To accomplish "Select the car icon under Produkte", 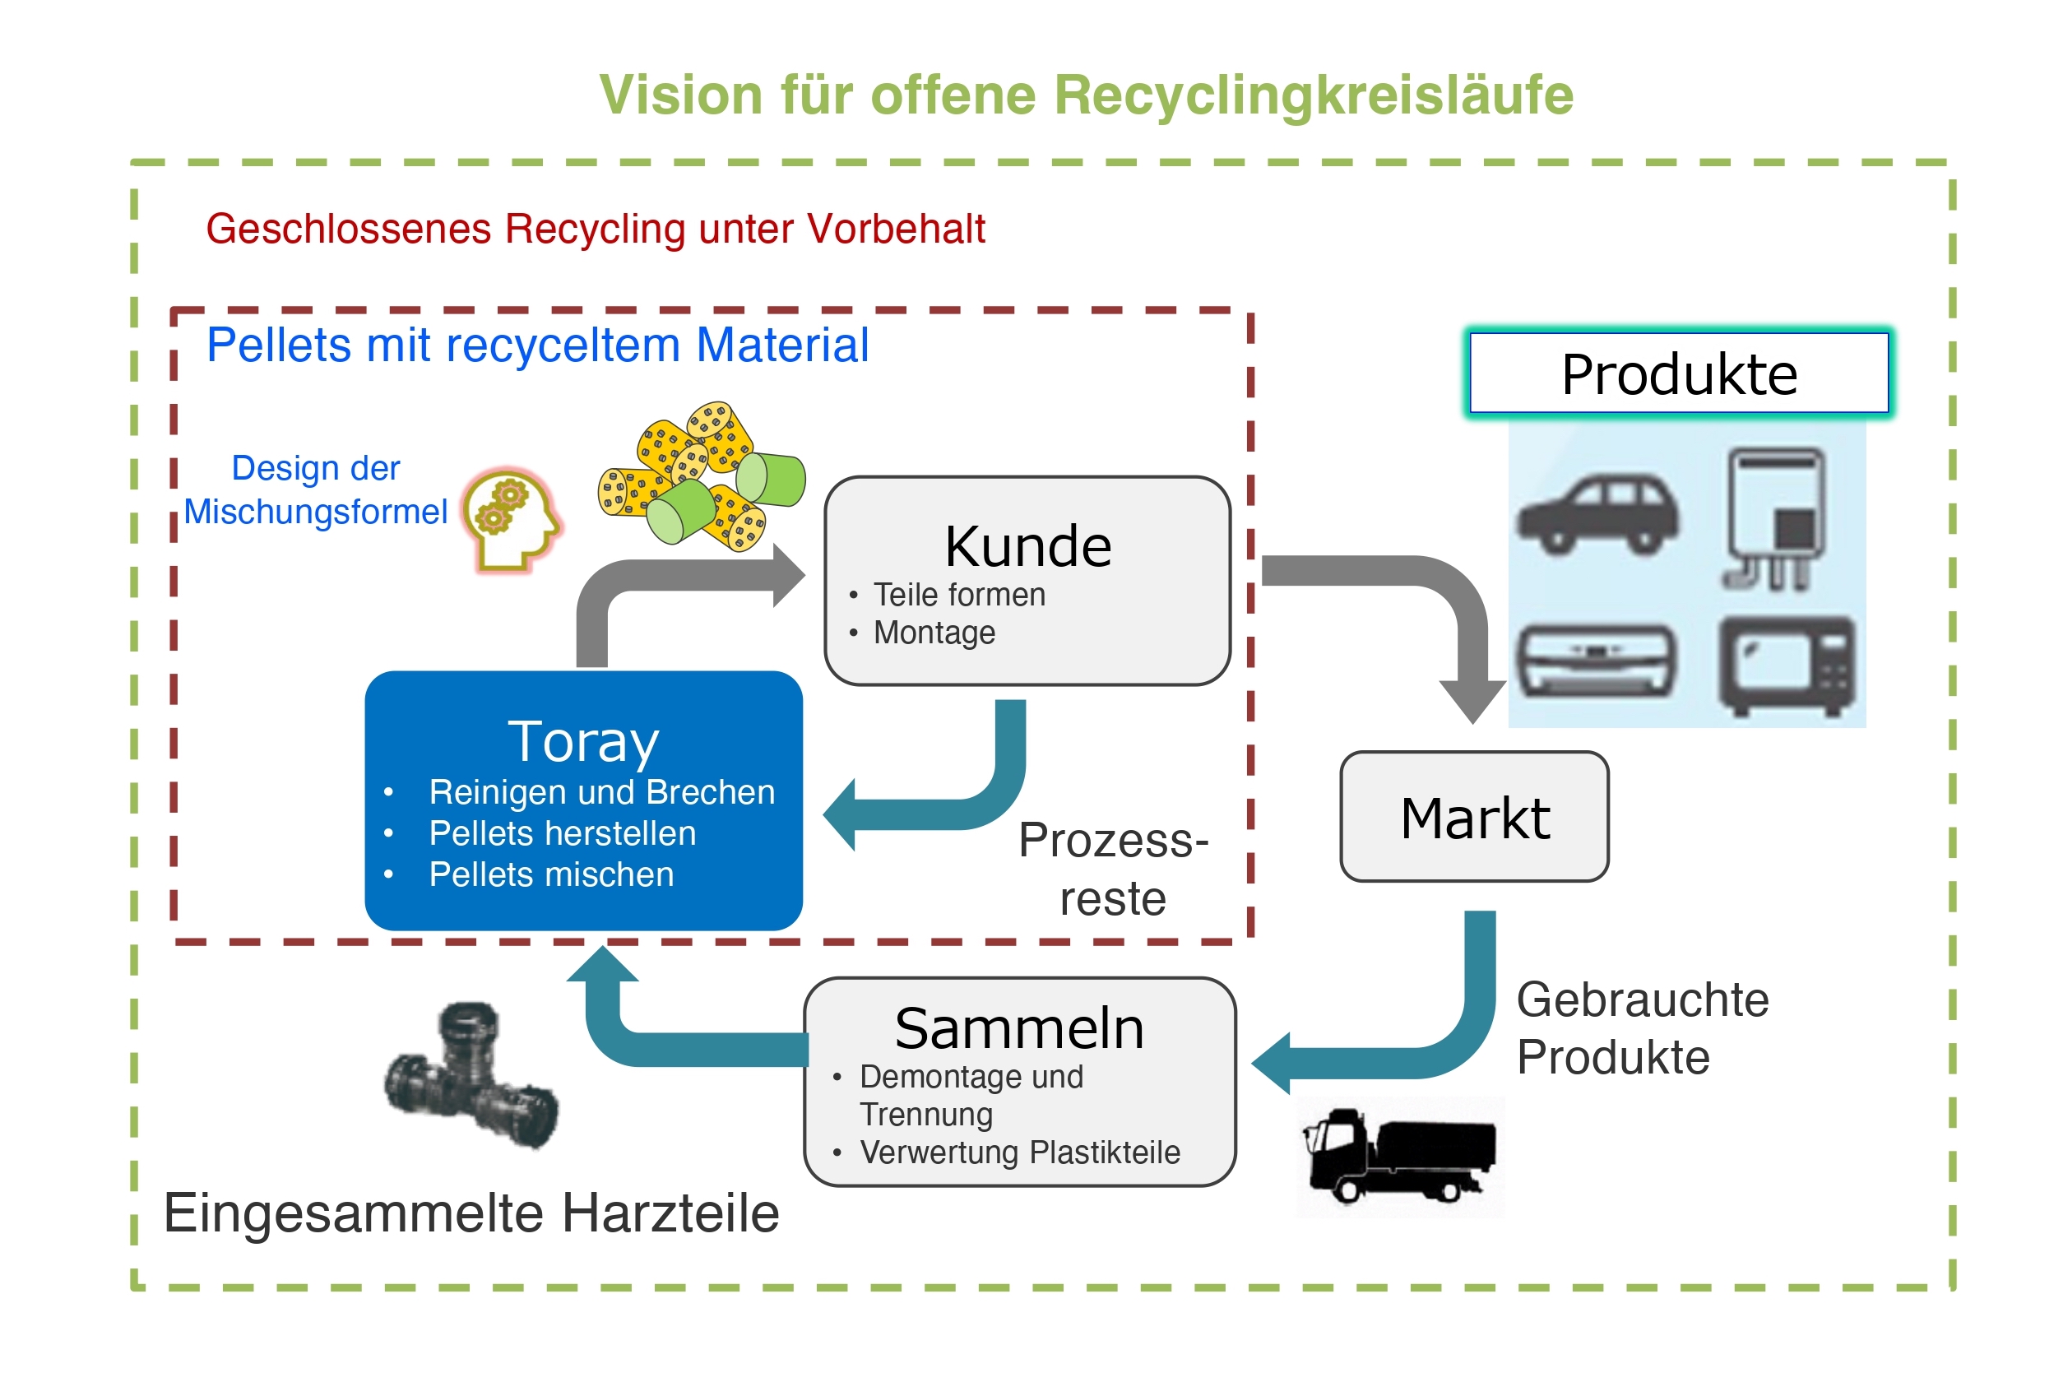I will point(1597,515).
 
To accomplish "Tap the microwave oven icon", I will point(1787,665).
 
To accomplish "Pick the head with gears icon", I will point(511,520).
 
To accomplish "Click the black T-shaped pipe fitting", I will point(471,1075).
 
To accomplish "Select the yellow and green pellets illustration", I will point(701,476).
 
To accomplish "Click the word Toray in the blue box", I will point(582,741).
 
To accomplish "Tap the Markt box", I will point(1473,817).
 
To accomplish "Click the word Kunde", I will point(1027,546).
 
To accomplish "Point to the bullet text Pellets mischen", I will point(551,874).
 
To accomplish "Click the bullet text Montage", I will point(934,633).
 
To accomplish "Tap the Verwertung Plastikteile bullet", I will point(1020,1152).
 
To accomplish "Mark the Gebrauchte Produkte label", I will point(1641,1028).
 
